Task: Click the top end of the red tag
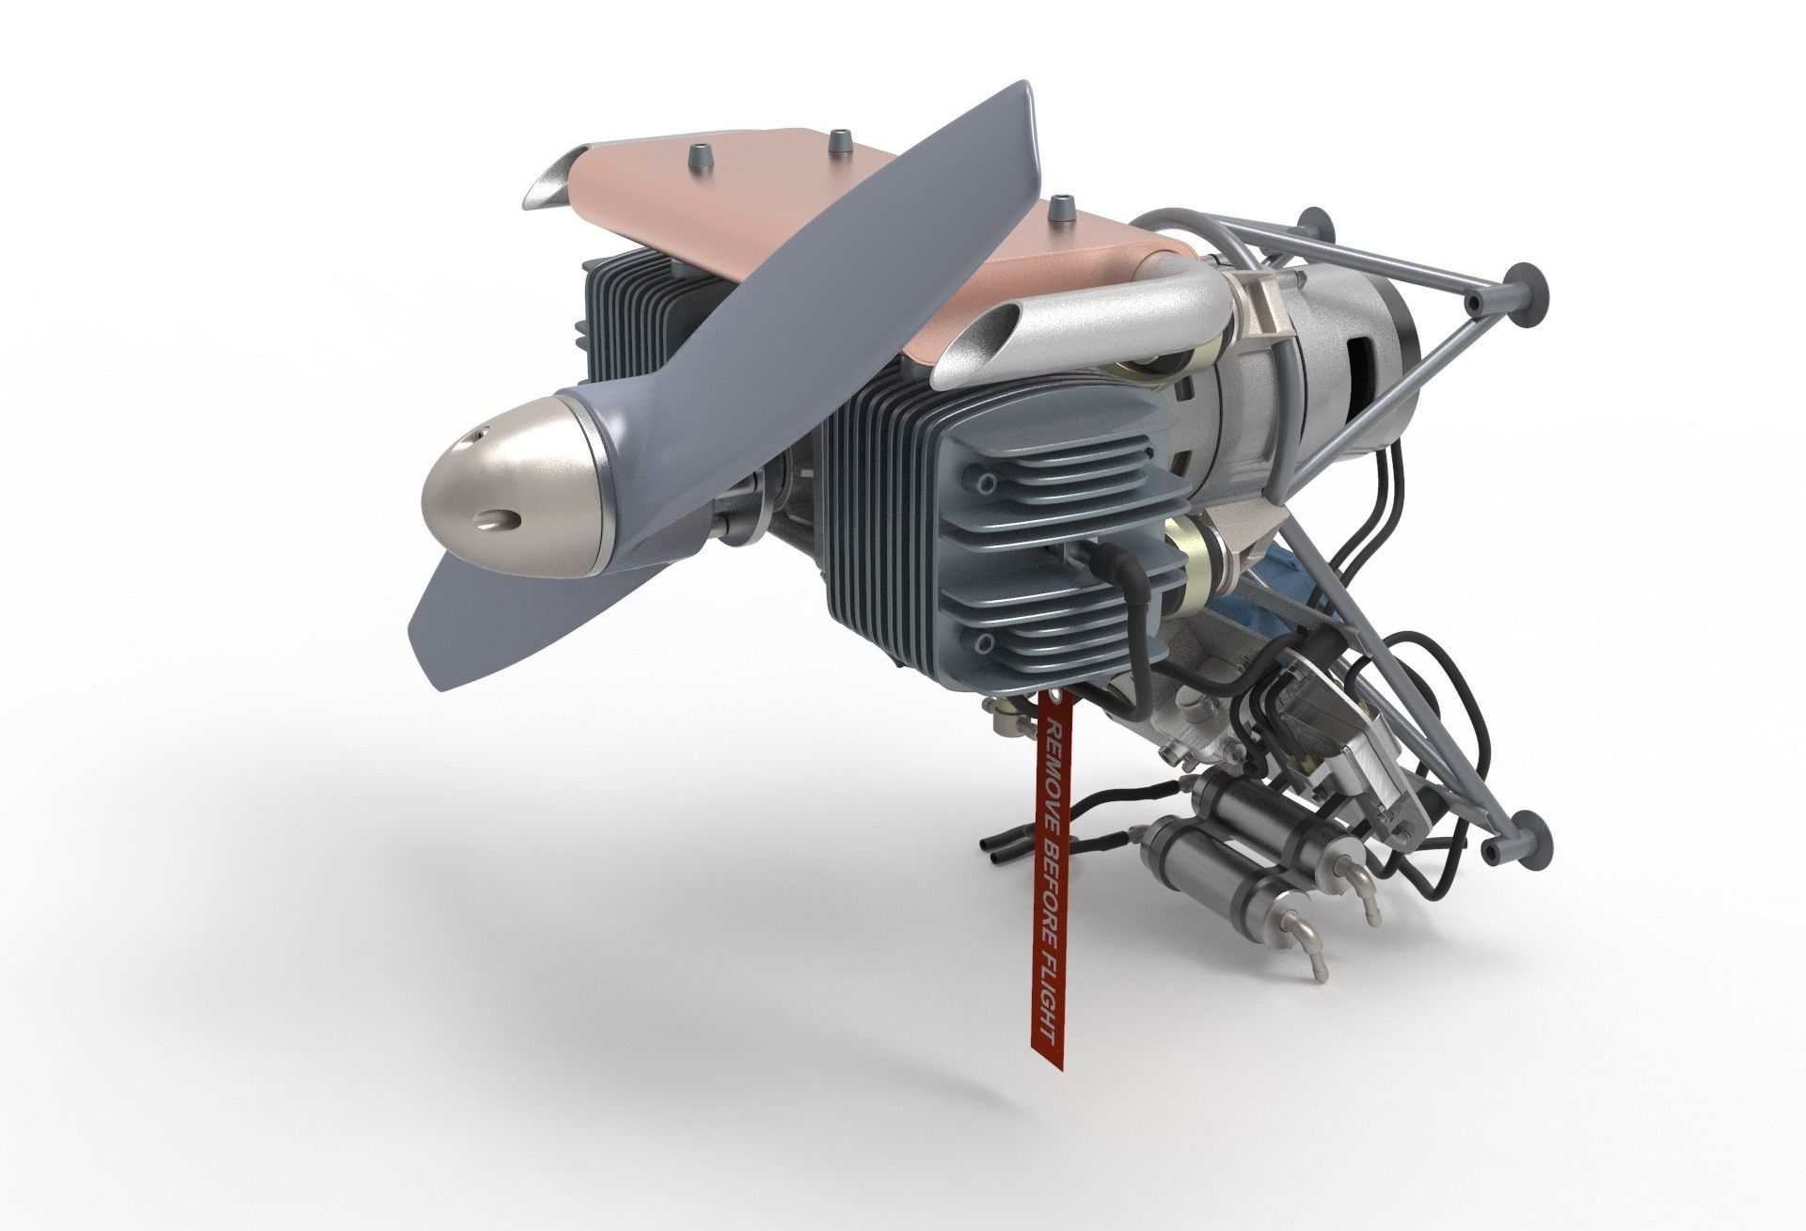tap(1045, 701)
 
